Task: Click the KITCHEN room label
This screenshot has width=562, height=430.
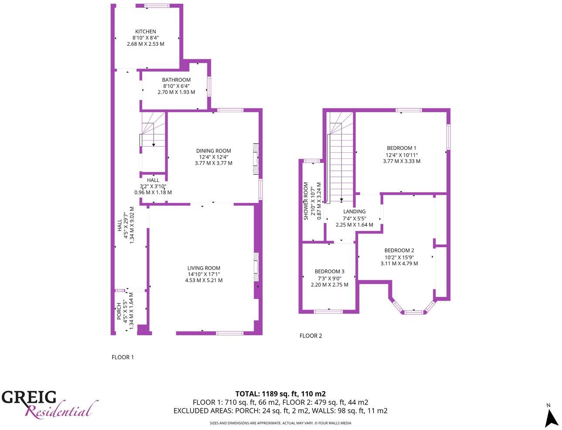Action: pyautogui.click(x=145, y=32)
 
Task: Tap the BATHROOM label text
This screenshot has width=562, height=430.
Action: pyautogui.click(x=176, y=80)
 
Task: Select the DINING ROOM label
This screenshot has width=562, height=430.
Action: pyautogui.click(x=213, y=151)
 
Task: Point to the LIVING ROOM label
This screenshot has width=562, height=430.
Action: pyautogui.click(x=204, y=268)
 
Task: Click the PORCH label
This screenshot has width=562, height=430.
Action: pyautogui.click(x=119, y=311)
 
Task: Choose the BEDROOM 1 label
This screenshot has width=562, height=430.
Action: pyautogui.click(x=401, y=148)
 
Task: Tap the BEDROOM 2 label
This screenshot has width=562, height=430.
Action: pyautogui.click(x=399, y=251)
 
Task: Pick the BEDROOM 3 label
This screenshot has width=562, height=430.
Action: pyautogui.click(x=329, y=272)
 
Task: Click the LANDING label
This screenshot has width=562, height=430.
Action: pyautogui.click(x=354, y=212)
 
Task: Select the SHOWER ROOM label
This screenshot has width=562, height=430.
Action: pyautogui.click(x=306, y=201)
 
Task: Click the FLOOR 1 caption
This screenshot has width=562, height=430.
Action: pyautogui.click(x=123, y=357)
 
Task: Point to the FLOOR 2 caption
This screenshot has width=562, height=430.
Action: pyautogui.click(x=311, y=336)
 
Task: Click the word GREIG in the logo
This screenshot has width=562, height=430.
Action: pyautogui.click(x=29, y=398)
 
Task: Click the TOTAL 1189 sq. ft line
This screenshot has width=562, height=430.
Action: pyautogui.click(x=280, y=393)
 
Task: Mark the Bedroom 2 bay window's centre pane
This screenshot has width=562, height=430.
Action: pyautogui.click(x=413, y=312)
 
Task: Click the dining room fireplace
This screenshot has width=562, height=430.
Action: pyautogui.click(x=256, y=159)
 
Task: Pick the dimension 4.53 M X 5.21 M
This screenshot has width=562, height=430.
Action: pyautogui.click(x=204, y=280)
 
